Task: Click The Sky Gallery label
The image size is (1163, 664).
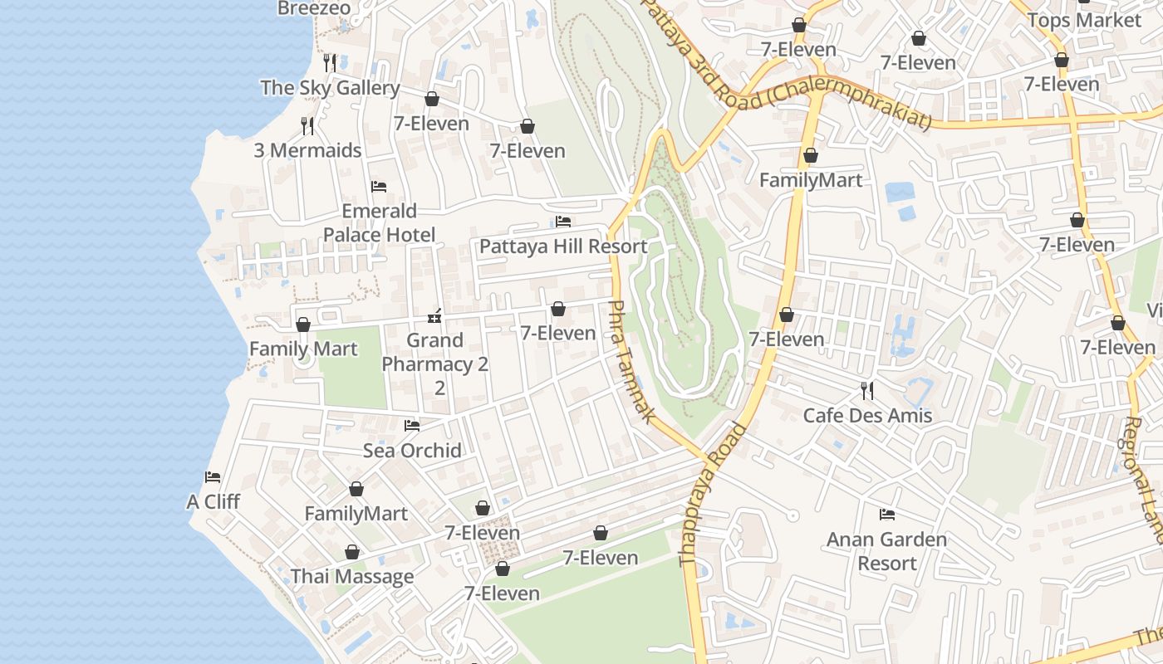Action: [330, 87]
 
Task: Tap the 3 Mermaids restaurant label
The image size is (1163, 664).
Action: [307, 150]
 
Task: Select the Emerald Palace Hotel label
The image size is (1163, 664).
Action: [379, 222]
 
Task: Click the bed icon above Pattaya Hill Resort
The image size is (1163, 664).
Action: [563, 222]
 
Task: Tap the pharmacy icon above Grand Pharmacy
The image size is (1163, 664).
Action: [434, 316]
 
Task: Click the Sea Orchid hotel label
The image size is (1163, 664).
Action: [412, 450]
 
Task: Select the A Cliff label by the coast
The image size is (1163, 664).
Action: [213, 501]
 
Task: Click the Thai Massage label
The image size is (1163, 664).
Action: [352, 576]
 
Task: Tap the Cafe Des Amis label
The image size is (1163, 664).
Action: [867, 415]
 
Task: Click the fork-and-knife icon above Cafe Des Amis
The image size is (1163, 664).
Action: [867, 390]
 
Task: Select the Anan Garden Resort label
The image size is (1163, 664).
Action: [886, 551]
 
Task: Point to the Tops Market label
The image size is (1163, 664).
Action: [1084, 20]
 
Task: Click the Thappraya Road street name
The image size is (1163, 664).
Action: [712, 495]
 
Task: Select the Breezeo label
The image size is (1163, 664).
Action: [314, 8]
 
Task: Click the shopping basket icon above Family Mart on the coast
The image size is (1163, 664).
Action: [303, 325]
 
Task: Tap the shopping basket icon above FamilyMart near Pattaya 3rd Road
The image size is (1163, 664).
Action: [811, 156]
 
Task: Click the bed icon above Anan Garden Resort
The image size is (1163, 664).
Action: [887, 515]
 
